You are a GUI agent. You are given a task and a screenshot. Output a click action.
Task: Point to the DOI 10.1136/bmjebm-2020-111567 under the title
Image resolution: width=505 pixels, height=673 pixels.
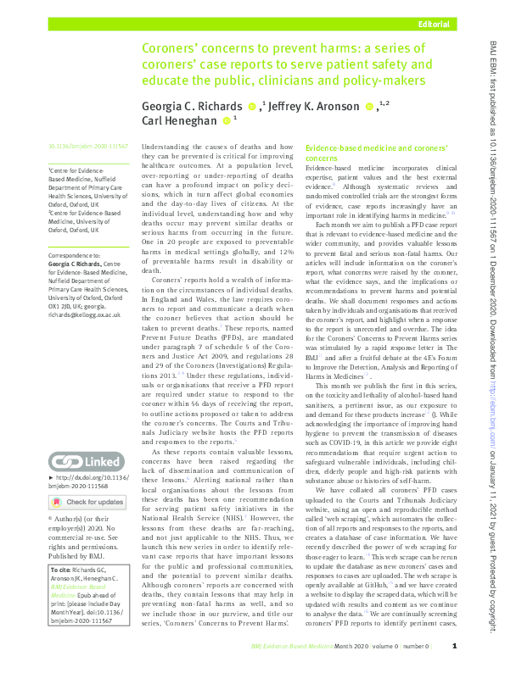(87, 147)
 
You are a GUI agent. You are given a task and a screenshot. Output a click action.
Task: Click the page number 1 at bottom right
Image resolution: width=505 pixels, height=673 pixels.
(455, 646)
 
